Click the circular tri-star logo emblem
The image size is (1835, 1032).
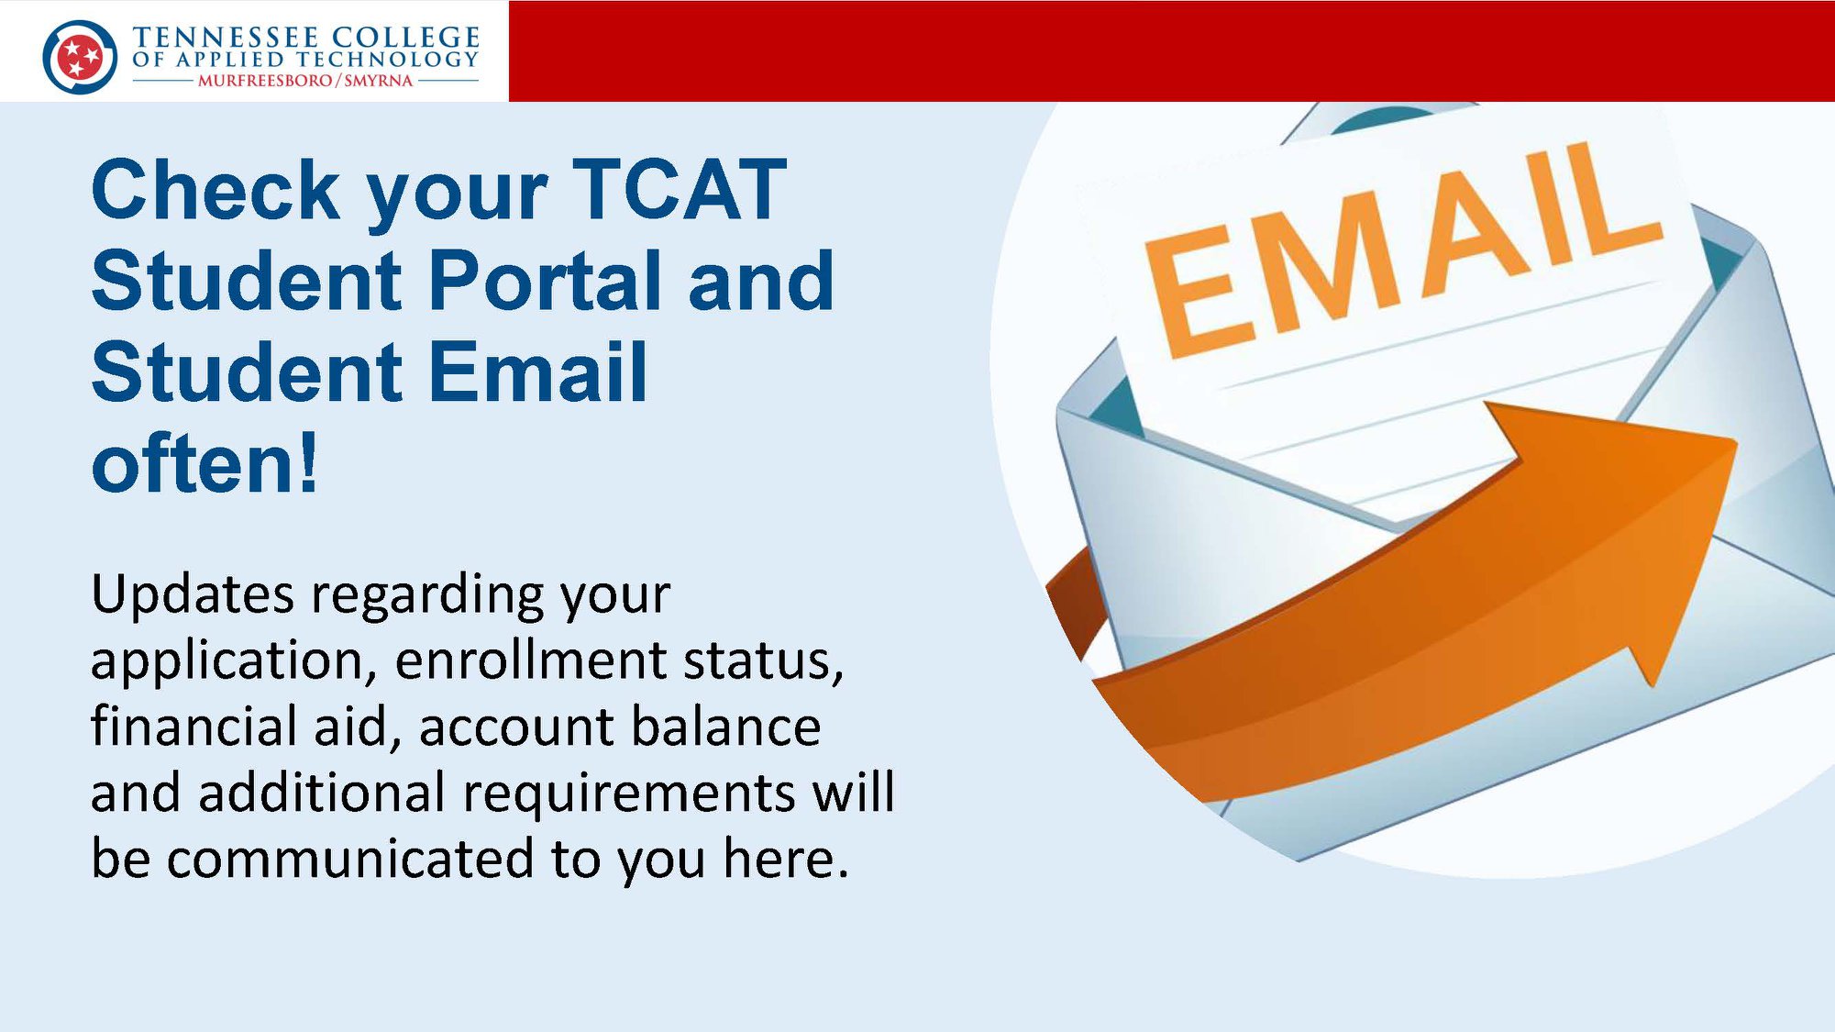(80, 57)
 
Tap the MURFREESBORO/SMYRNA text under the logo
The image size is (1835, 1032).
(305, 81)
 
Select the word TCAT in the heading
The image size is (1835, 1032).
(679, 190)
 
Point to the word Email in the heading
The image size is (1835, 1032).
(538, 372)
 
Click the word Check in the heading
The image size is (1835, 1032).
(215, 190)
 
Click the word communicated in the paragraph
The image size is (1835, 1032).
(350, 858)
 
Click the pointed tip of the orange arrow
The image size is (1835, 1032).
(1735, 444)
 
